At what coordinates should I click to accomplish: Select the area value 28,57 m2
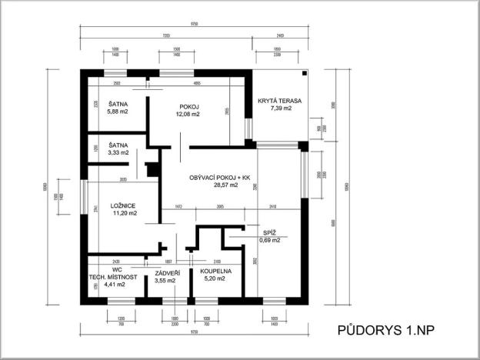coord(221,185)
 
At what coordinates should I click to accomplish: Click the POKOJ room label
coord(189,106)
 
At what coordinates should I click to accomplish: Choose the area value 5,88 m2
coord(117,111)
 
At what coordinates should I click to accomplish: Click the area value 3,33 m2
coord(117,153)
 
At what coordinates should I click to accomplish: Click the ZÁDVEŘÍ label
coord(168,272)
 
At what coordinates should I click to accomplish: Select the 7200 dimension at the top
coord(166,35)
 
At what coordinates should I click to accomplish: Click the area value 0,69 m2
coord(269,241)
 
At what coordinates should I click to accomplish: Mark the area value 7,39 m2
coord(281,109)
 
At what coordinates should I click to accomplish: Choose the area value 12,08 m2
coord(189,114)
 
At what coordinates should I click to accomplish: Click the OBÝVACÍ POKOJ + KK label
coord(221,178)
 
